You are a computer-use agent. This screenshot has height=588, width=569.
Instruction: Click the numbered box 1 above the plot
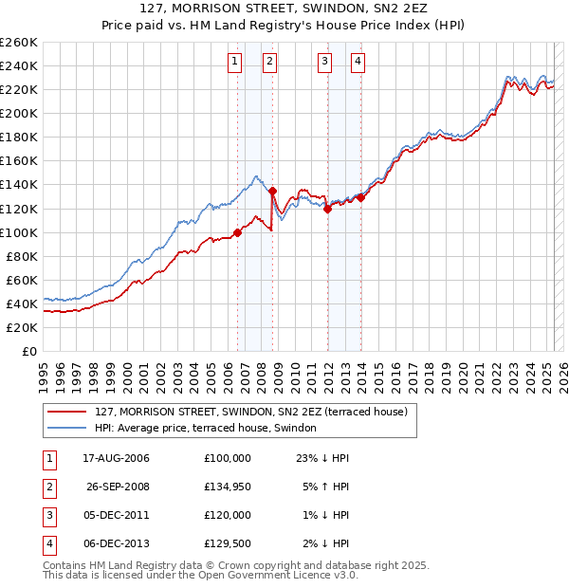tap(234, 63)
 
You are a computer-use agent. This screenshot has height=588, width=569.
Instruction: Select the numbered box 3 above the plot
tap(324, 63)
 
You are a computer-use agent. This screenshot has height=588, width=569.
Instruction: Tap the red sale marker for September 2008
tap(272, 191)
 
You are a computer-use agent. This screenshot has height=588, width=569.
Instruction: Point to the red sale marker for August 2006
tap(237, 232)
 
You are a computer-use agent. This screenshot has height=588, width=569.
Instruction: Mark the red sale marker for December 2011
tap(327, 209)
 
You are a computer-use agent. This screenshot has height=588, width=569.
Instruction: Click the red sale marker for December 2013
tap(361, 197)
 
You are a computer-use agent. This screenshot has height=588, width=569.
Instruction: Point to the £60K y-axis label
tap(22, 280)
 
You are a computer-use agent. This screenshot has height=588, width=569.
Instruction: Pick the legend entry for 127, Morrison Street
tap(251, 412)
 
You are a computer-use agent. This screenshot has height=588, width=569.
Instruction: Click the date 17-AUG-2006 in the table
tap(117, 457)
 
